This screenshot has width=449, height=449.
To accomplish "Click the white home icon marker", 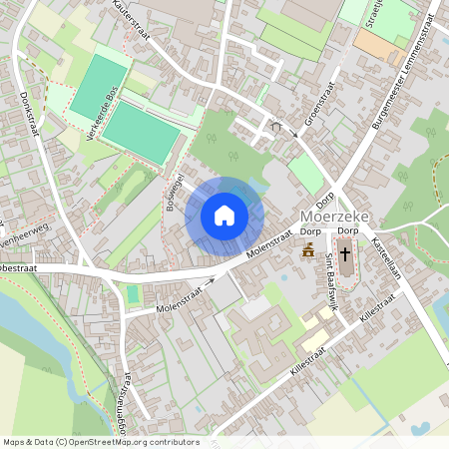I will coord(224,215).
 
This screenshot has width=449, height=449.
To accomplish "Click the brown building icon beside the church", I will coord(308,249).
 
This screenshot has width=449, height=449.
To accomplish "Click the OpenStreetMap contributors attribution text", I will coord(100,442).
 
